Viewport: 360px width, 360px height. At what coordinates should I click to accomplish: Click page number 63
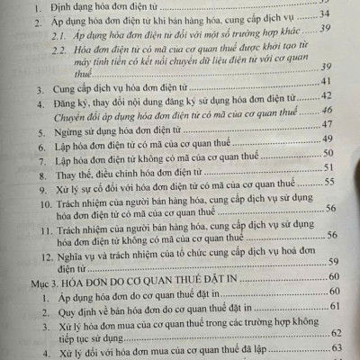(x=337, y=347)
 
